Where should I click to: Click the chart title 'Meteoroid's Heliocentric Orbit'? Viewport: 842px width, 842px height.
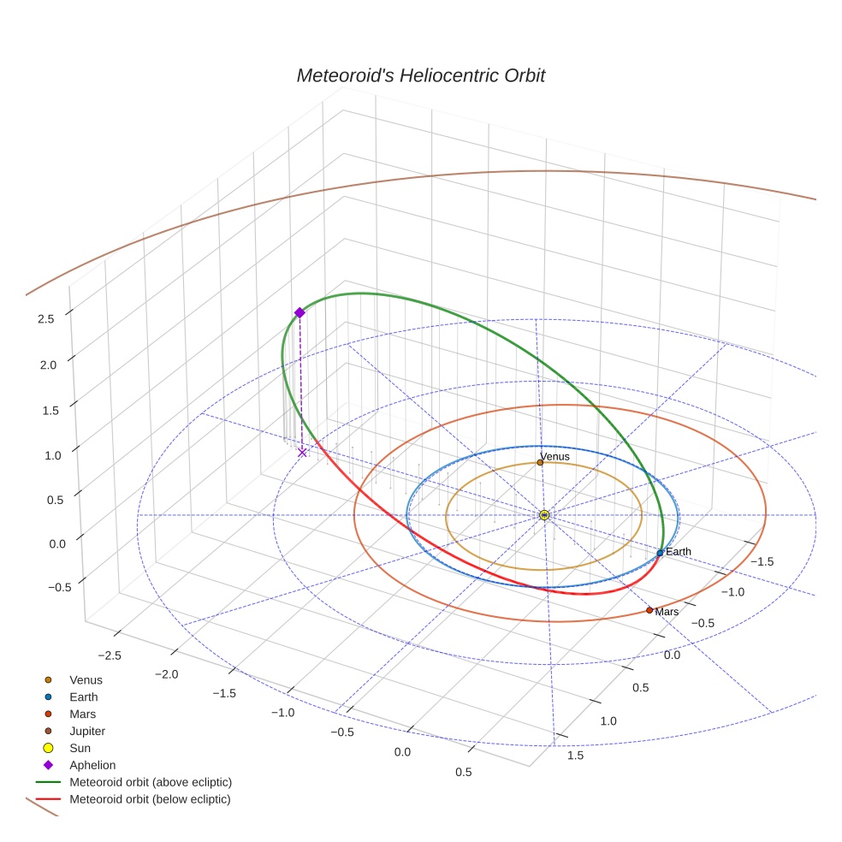click(420, 76)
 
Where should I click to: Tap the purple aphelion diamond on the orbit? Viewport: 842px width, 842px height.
click(299, 312)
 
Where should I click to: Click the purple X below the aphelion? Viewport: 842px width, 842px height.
click(302, 452)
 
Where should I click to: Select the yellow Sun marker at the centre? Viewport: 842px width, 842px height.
click(544, 515)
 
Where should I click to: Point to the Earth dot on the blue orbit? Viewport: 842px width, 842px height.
click(660, 553)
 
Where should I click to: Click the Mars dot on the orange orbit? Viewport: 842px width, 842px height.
click(649, 610)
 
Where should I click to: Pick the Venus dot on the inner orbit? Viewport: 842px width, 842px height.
click(540, 462)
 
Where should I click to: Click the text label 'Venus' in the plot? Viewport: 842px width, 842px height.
click(554, 457)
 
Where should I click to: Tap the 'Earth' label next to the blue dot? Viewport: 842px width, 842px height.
click(679, 552)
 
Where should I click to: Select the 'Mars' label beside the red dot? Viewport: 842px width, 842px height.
click(667, 612)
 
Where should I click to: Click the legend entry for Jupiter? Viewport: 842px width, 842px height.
click(87, 731)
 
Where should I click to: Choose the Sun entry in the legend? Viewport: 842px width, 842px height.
click(80, 748)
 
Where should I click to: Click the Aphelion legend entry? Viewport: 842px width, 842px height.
click(92, 765)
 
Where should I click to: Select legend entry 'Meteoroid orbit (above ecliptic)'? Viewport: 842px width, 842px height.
click(151, 782)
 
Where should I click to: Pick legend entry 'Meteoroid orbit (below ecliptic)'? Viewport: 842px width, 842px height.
click(151, 799)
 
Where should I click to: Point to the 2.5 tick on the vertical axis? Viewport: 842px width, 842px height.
click(46, 318)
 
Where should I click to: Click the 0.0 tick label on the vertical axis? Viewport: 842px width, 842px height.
click(46, 544)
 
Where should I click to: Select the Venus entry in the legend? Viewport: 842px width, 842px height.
click(86, 679)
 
